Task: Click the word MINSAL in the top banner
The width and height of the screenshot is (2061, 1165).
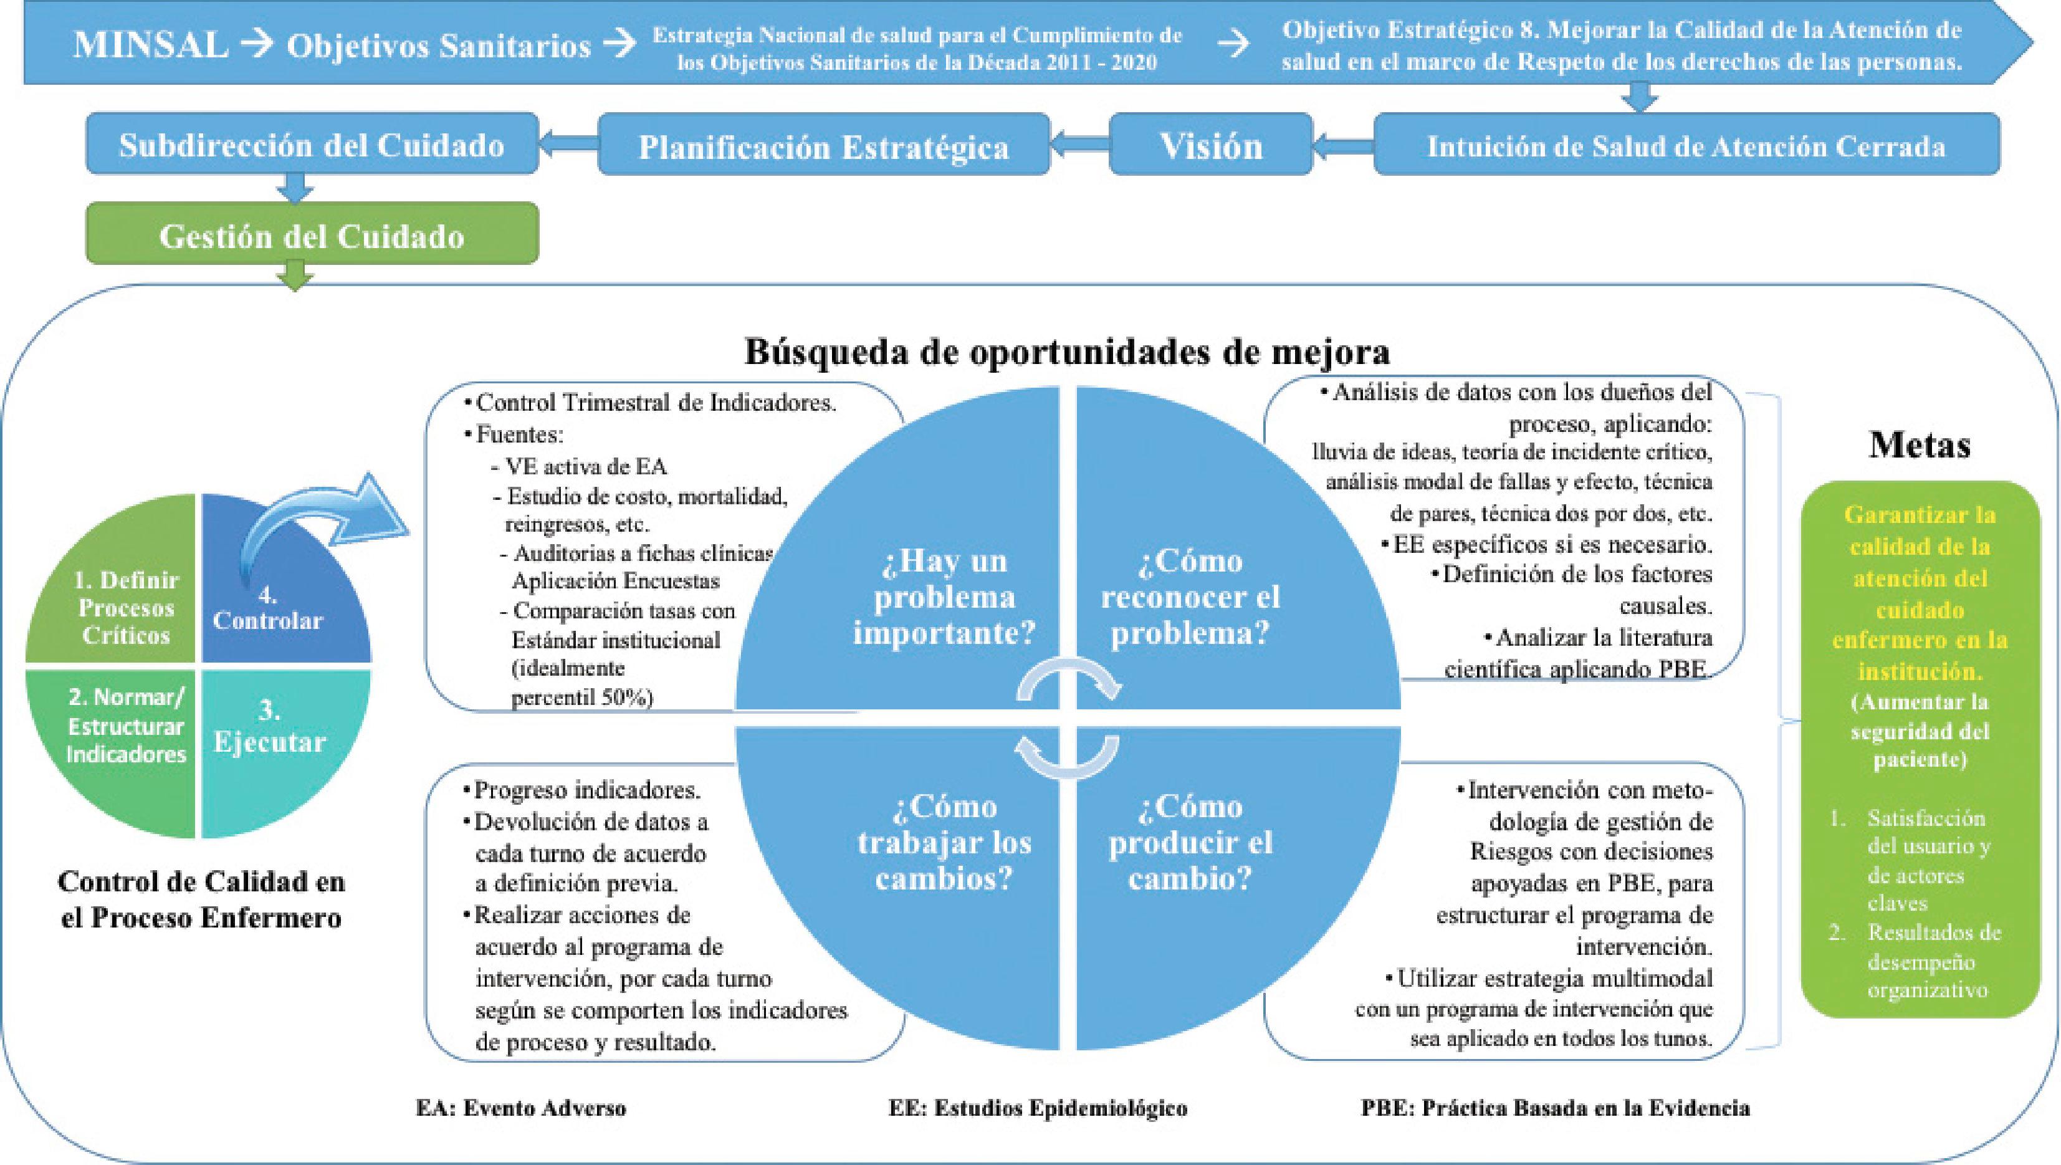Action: [x=150, y=45]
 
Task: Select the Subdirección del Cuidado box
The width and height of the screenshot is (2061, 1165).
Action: [x=312, y=145]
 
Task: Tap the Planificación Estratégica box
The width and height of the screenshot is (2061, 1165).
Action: [x=823, y=146]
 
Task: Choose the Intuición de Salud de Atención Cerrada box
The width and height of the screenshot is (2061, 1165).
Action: [x=1686, y=146]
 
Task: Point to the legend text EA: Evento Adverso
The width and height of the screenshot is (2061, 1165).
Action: [x=521, y=1108]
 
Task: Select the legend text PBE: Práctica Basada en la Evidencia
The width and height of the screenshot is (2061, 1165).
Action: [x=1554, y=1108]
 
